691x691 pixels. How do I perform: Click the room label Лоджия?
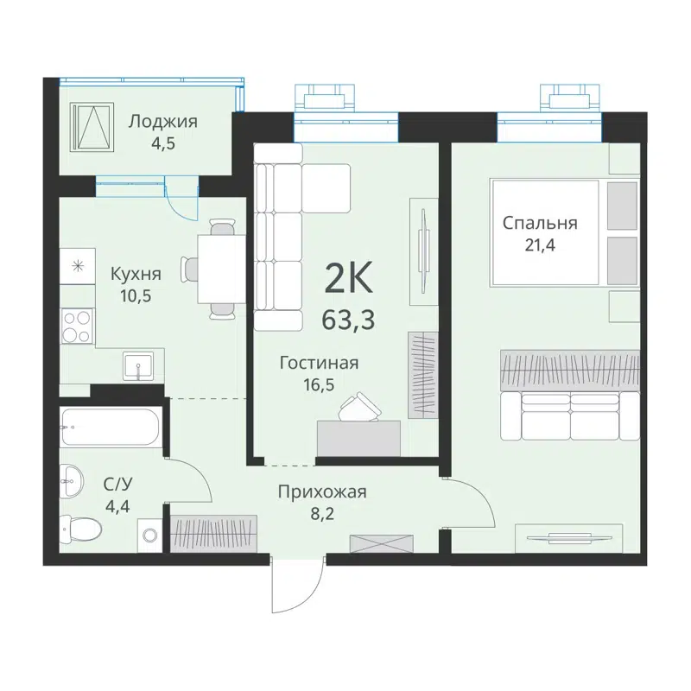click(162, 121)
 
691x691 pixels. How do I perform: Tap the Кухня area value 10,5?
click(136, 295)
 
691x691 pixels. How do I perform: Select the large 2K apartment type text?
click(348, 279)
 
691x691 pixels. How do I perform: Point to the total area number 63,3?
click(348, 320)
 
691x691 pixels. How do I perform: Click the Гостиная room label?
click(319, 363)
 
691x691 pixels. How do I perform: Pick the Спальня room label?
click(540, 223)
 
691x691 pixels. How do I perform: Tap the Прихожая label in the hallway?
click(322, 491)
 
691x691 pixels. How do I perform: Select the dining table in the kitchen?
click(220, 269)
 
